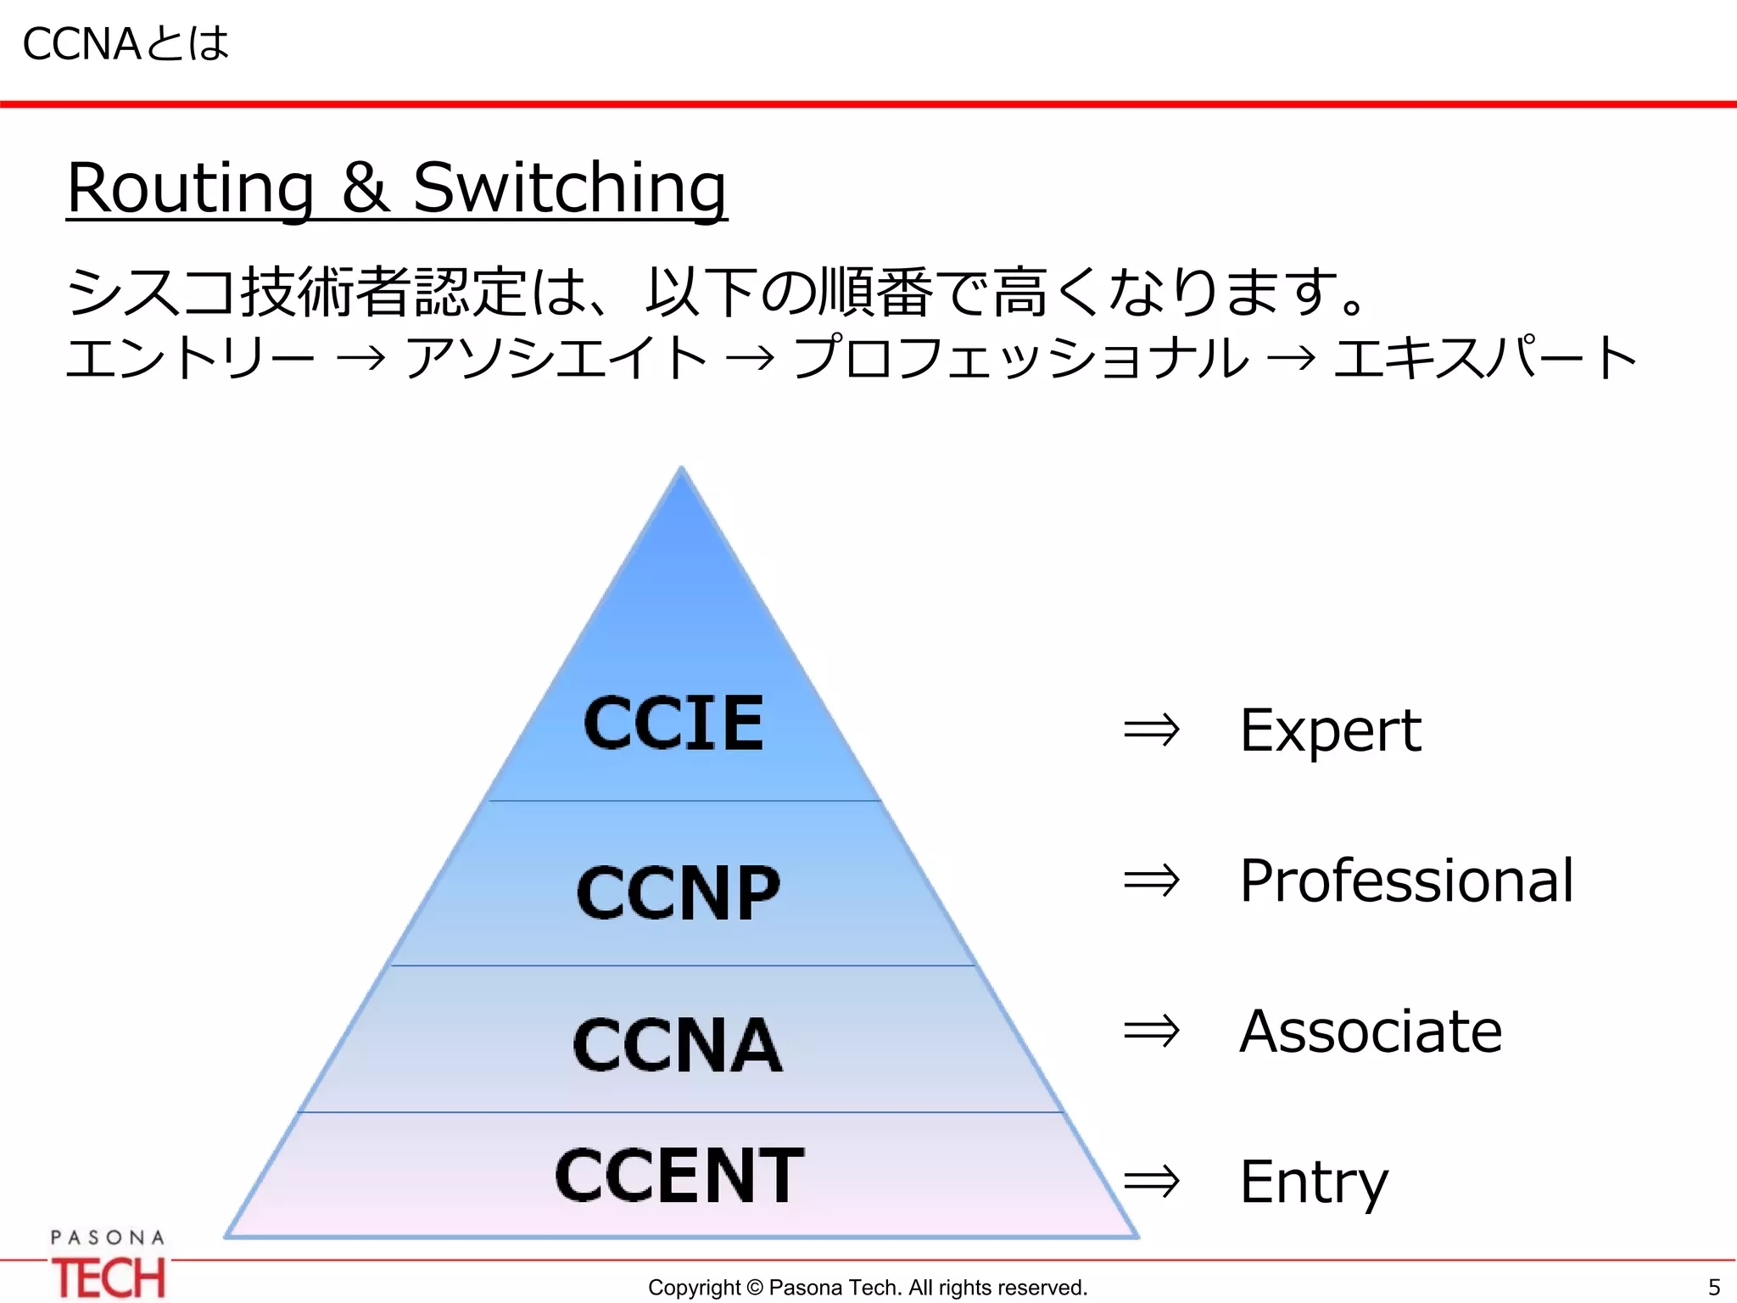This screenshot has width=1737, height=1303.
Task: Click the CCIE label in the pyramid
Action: [674, 724]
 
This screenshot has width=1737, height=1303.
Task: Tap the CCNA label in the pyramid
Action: [677, 1045]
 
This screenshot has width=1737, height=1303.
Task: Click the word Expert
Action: [1330, 730]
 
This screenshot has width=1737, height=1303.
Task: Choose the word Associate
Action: [1371, 1032]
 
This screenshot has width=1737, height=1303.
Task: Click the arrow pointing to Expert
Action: [1151, 730]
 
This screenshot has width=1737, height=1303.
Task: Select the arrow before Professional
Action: [1151, 881]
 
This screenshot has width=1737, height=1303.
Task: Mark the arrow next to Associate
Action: [1151, 1032]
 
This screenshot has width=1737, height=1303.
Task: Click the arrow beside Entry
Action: [1151, 1181]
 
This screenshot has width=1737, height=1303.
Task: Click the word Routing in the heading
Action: [191, 188]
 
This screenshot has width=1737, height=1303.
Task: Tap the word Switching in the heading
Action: [569, 188]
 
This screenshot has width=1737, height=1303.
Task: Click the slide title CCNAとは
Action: [126, 44]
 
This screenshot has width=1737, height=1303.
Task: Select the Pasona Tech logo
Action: [108, 1265]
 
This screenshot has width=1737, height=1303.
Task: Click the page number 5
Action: [1713, 1287]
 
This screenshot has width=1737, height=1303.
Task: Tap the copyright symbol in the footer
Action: [754, 1288]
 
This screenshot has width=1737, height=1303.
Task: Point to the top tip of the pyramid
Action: [681, 469]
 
